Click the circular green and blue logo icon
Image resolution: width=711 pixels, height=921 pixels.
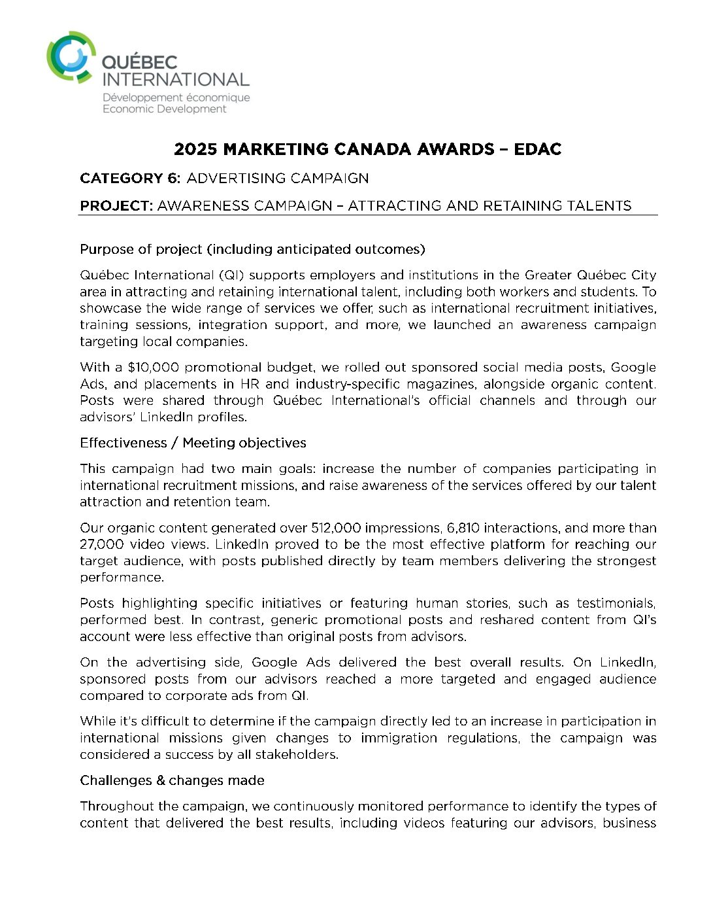click(x=71, y=57)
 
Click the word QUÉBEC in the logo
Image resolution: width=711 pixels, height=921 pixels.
click(x=140, y=63)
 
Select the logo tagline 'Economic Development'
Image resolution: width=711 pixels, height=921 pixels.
click(x=164, y=109)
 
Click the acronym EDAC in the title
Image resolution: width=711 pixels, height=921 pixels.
click(x=537, y=149)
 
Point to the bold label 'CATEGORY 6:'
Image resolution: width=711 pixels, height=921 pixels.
click(x=130, y=178)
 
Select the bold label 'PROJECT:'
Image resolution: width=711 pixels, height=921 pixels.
click(x=116, y=205)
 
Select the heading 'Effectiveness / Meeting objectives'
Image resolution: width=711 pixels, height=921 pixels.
click(x=193, y=443)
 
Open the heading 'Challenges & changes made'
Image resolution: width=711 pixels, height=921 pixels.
click(x=172, y=780)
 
